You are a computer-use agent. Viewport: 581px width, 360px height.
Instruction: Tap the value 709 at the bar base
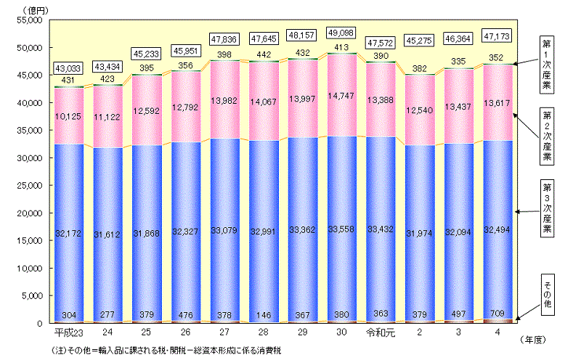500,314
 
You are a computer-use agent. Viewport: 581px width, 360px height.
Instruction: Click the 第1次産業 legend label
545,64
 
